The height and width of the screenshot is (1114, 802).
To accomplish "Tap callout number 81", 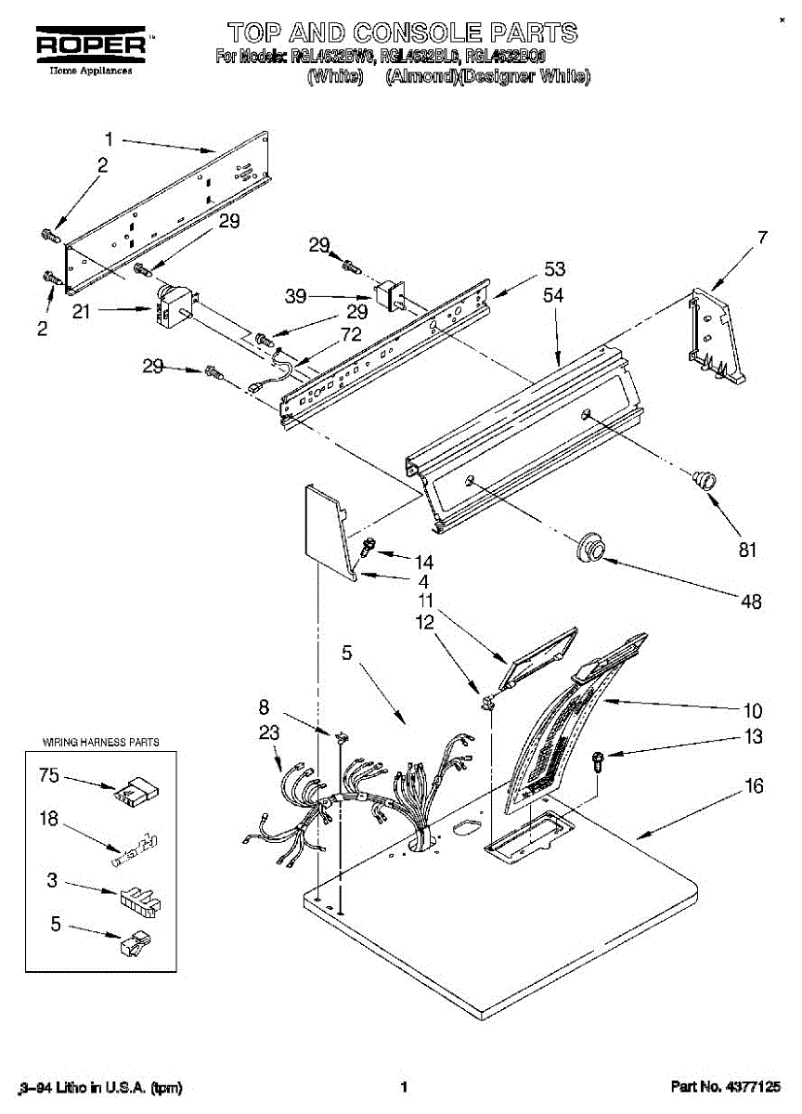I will pos(747,550).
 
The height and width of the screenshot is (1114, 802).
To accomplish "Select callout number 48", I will pos(751,602).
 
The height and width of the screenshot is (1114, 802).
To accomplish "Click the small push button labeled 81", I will pos(705,480).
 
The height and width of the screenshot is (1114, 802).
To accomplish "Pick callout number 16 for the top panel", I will pos(754,787).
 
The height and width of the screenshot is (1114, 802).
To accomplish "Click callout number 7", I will pos(762,238).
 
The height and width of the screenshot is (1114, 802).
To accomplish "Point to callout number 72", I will pos(351,335).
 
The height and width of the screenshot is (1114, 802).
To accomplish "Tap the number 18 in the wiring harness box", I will pos(49,818).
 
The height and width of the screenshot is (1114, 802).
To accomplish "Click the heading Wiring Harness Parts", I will pos(101,743).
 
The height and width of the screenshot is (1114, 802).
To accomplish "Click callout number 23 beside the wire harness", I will pos(269,732).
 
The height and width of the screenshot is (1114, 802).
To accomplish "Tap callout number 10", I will pos(753,711).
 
